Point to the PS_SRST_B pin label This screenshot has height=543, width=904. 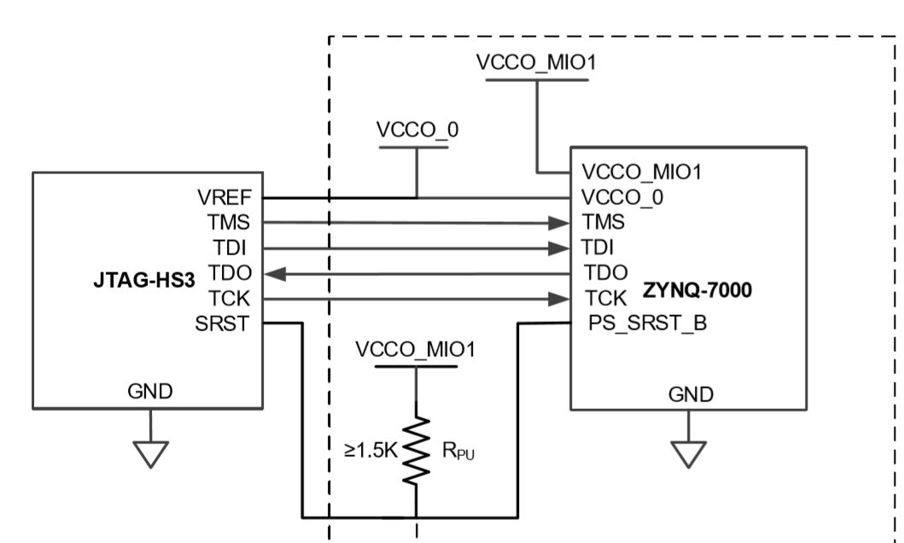645,325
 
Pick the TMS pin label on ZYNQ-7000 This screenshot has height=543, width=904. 603,223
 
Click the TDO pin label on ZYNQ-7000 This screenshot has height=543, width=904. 604,272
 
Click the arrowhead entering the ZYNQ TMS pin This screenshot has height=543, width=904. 560,223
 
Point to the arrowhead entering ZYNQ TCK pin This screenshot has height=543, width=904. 560,299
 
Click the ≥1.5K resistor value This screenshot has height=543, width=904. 370,451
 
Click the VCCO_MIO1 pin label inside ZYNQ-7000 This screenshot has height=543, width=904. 640,172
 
